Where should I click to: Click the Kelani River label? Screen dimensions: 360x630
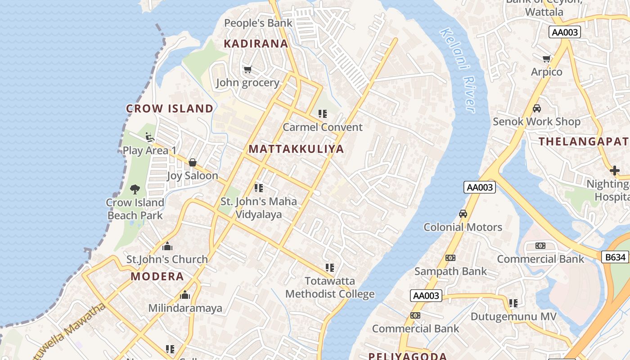(457, 70)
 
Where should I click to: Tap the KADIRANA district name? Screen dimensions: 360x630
(256, 44)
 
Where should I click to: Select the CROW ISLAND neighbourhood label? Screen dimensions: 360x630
(170, 108)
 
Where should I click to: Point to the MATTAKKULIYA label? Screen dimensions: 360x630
(296, 149)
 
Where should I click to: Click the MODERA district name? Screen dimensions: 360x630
(157, 276)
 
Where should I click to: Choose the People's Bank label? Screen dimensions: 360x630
(258, 23)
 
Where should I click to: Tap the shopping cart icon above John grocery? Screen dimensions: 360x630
(247, 70)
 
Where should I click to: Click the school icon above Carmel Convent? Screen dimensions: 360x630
(322, 114)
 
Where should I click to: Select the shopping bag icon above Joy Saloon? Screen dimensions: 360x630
(193, 162)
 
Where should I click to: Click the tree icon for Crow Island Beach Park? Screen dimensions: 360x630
(135, 189)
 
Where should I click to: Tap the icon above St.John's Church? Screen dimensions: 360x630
(167, 246)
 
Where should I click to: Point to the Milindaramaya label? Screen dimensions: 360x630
(185, 308)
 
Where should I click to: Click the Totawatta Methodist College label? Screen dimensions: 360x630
(330, 288)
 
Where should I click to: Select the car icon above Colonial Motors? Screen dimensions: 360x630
(463, 214)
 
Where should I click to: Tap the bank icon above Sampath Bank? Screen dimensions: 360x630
(450, 258)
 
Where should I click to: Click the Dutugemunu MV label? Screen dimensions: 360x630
(513, 316)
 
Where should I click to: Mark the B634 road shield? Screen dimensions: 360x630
(615, 257)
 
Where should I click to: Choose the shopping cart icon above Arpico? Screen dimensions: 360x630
(547, 59)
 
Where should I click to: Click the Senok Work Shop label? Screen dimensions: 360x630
(536, 121)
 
